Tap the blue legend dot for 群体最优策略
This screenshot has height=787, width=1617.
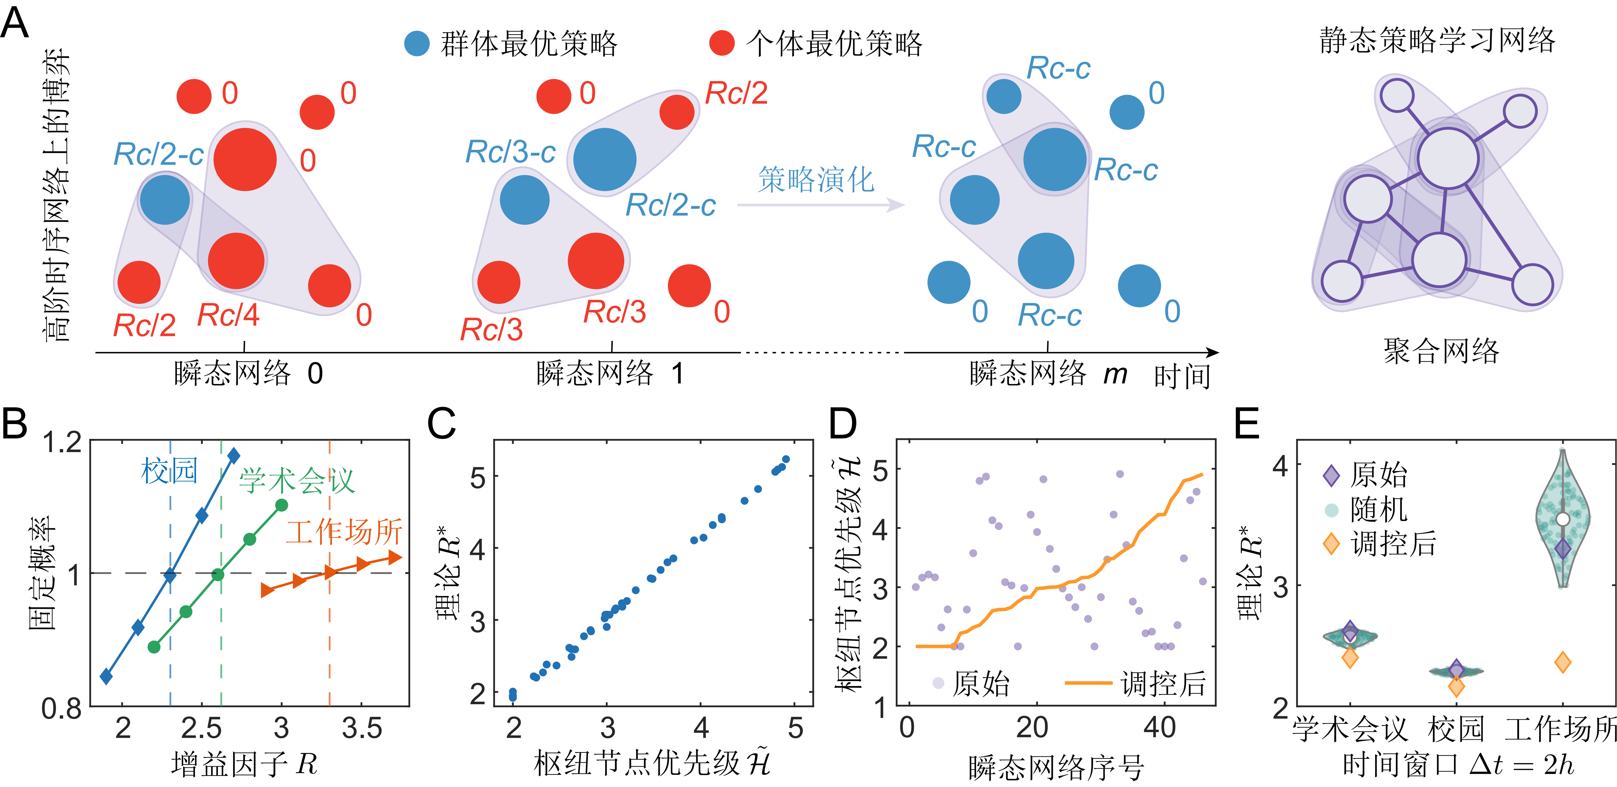click(416, 43)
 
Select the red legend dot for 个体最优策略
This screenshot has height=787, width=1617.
click(722, 43)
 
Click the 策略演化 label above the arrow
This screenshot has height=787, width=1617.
click(816, 180)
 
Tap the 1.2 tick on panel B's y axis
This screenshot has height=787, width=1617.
click(61, 443)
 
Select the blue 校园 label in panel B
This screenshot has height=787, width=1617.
click(170, 471)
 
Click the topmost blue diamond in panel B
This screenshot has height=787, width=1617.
click(233, 456)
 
